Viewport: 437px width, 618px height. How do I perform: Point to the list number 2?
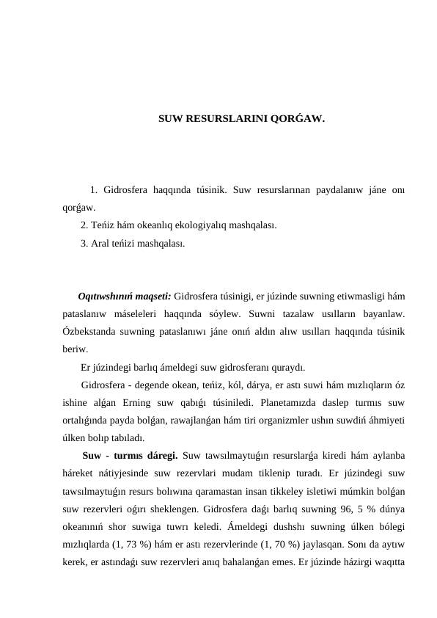coord(84,225)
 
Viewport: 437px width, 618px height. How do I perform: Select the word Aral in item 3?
coord(101,243)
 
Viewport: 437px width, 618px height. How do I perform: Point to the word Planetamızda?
coord(233,402)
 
